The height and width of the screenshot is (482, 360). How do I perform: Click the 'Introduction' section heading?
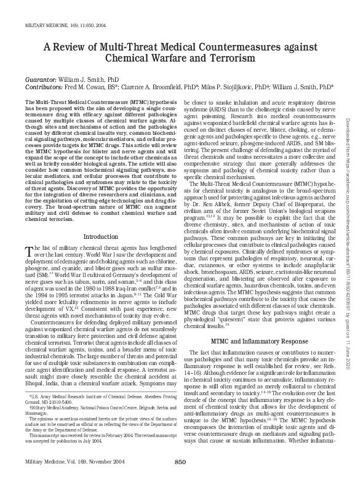(100, 219)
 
